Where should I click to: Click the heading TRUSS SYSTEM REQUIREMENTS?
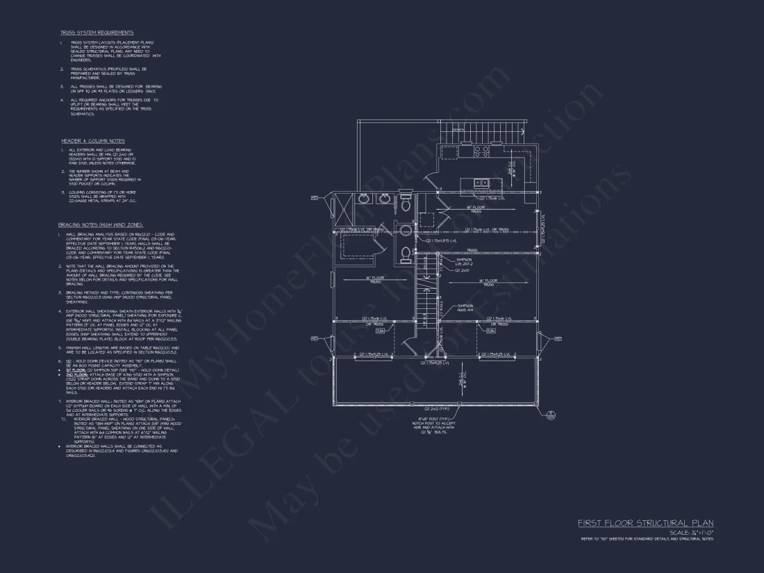[97, 33]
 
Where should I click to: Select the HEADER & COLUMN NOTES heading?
[92, 141]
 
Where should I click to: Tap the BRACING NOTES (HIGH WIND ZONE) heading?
[101, 225]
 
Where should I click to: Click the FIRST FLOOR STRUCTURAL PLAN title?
[645, 523]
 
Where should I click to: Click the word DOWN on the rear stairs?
[458, 129]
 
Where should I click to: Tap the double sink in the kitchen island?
[480, 183]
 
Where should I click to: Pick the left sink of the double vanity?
[365, 199]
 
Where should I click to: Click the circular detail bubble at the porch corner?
[550, 415]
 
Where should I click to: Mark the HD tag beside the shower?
[315, 198]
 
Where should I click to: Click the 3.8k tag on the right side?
[490, 331]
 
